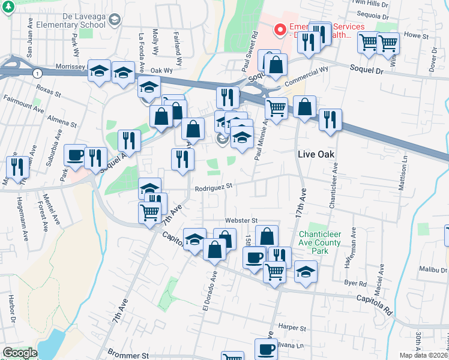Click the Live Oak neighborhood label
(x=316, y=154)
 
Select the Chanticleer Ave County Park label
(x=319, y=242)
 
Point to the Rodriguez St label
(x=213, y=187)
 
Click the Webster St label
(x=241, y=221)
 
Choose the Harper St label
(x=293, y=328)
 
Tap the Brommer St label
(x=127, y=355)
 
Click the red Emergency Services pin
(x=279, y=28)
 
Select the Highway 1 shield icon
(x=38, y=73)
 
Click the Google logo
(x=20, y=353)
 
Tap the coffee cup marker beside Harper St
(x=266, y=349)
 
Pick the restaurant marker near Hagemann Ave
(x=16, y=167)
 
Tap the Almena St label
(x=62, y=119)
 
